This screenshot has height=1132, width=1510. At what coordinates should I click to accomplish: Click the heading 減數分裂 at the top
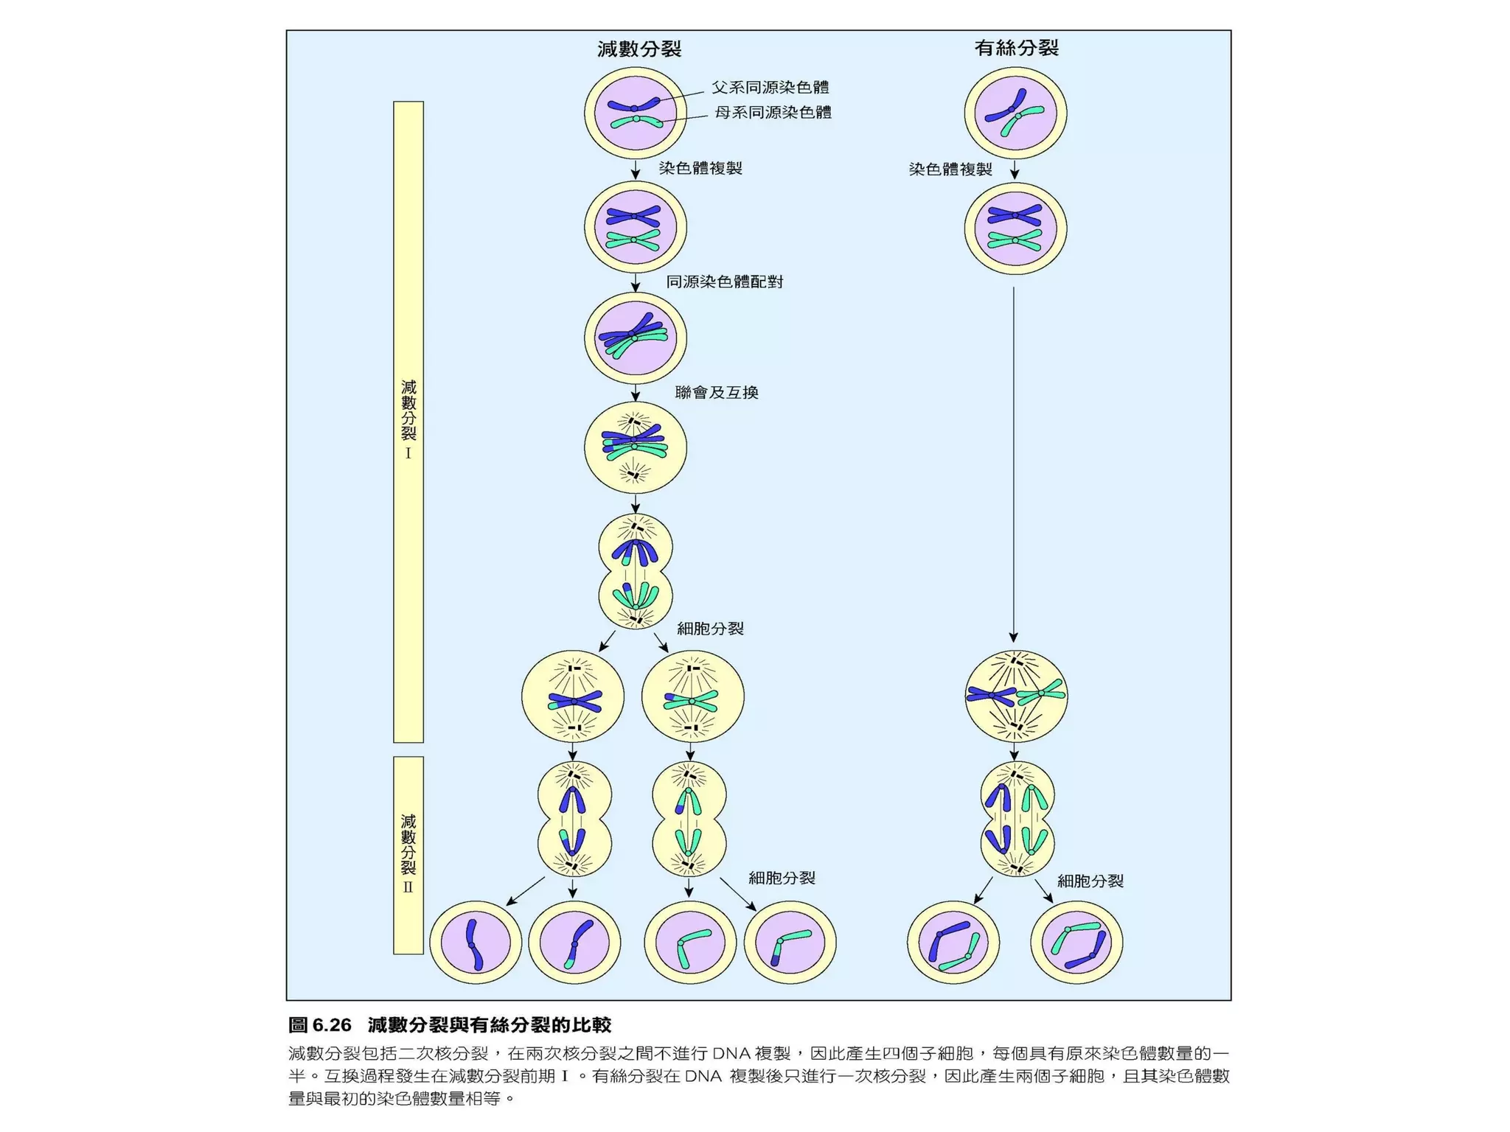coord(639,49)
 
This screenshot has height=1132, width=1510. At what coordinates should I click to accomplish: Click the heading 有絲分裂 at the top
coord(1016,49)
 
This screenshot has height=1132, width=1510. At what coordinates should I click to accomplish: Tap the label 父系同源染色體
coord(770,88)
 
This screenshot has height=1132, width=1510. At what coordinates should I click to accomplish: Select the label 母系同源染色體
coord(773,113)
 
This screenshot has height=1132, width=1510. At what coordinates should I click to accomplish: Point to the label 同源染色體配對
coord(724,282)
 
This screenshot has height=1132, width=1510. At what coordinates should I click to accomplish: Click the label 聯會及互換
coord(716,393)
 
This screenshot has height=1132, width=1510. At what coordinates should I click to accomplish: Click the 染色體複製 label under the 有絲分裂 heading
coord(950,170)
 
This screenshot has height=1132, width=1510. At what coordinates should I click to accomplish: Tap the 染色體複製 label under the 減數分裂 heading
coord(700,168)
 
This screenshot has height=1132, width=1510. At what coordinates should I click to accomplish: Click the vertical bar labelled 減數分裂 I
coord(408,422)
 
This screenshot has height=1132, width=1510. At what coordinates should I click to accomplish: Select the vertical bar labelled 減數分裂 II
coord(408,855)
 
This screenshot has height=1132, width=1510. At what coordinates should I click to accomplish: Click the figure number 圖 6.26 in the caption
coord(319,1025)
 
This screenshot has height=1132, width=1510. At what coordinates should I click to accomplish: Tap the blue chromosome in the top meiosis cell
coord(633,106)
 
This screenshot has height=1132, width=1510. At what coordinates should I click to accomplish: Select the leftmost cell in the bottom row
coord(476,943)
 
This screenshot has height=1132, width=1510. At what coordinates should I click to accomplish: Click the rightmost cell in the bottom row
coord(1076,943)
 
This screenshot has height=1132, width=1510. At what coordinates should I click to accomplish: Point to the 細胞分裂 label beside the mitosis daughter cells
coord(1090,881)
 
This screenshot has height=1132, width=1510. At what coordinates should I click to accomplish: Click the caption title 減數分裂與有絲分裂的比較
coord(490,1025)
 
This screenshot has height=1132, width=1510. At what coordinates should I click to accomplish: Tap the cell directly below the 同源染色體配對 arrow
coord(635,338)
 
